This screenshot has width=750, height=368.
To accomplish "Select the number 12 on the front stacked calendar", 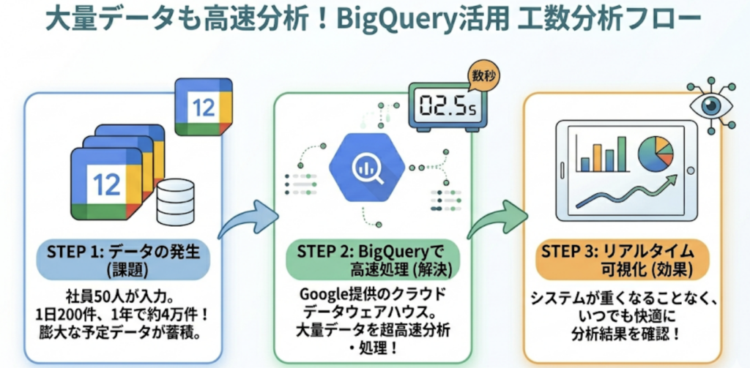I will [107, 184].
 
